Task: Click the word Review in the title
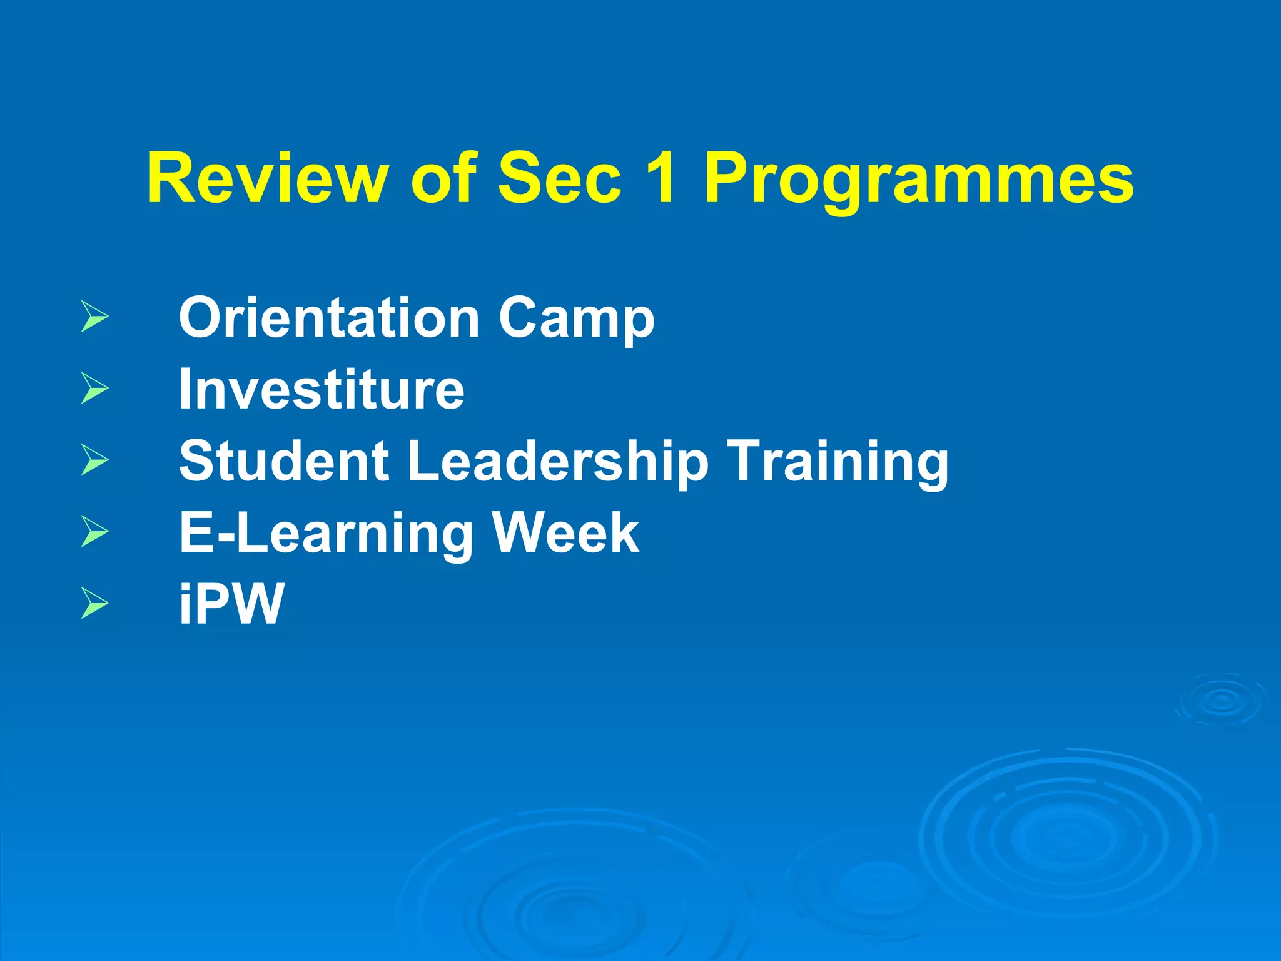click(267, 180)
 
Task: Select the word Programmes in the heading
click(919, 181)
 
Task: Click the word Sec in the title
click(560, 180)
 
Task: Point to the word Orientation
click(329, 318)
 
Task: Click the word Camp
click(576, 320)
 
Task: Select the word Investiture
click(322, 389)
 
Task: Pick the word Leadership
click(558, 463)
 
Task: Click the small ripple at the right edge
click(1221, 701)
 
